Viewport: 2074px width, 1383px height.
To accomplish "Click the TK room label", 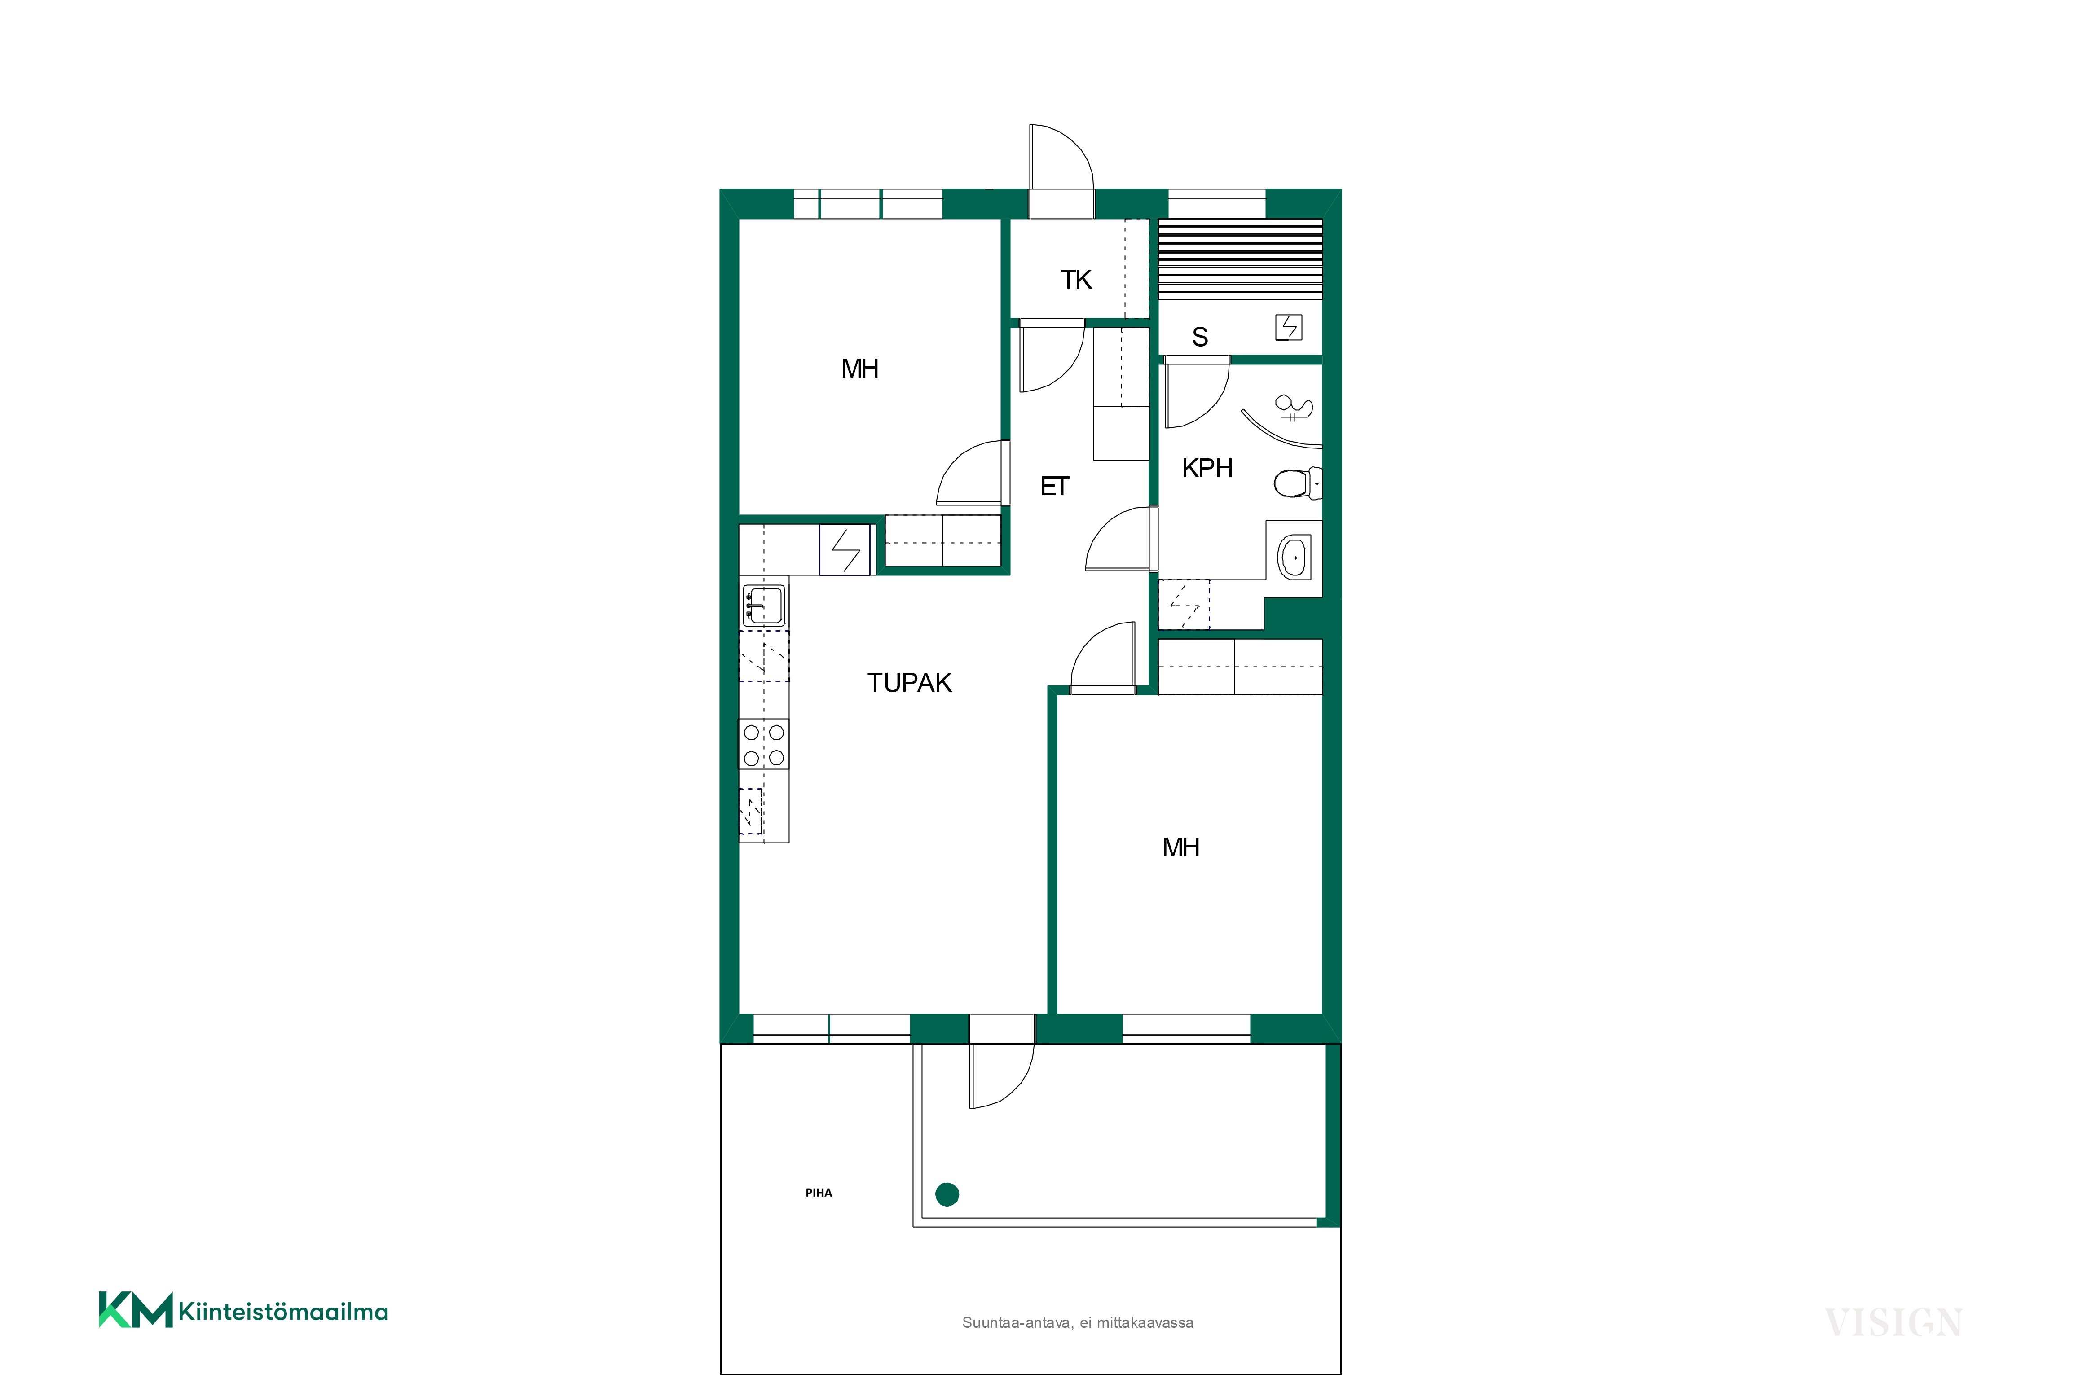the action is (x=1076, y=280).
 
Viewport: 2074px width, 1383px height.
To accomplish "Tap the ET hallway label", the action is (x=1055, y=486).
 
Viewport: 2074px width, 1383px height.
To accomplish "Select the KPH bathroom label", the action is (x=1207, y=468).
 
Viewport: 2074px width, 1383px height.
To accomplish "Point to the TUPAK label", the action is (x=910, y=683).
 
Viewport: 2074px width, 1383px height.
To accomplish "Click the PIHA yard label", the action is (x=819, y=1193).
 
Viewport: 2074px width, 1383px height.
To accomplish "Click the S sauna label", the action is (x=1200, y=337).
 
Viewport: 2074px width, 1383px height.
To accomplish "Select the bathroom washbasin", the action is (x=1293, y=558).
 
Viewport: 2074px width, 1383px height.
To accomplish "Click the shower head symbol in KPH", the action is (x=1293, y=408).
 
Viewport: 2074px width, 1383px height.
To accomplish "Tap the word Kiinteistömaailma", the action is (x=283, y=1312).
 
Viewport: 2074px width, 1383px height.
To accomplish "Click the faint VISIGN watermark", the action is (x=1893, y=1323).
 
